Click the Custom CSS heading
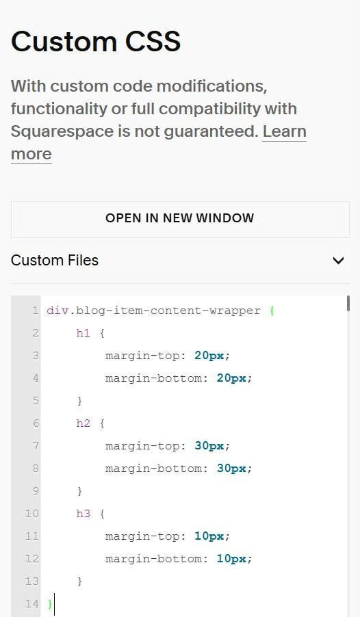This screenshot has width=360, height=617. (x=96, y=41)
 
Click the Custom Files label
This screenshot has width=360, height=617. (x=55, y=260)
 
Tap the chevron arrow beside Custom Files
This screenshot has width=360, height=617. (x=338, y=261)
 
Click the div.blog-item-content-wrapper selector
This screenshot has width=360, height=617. (x=153, y=311)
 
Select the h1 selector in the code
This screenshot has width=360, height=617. (x=83, y=333)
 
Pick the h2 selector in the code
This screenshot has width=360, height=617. (x=83, y=423)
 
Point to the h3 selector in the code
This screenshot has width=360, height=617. (x=83, y=513)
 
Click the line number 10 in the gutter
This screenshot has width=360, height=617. (x=32, y=513)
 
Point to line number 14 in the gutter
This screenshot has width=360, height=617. (x=32, y=603)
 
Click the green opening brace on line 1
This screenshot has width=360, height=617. (x=272, y=311)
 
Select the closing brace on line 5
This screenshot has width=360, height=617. (x=80, y=401)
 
